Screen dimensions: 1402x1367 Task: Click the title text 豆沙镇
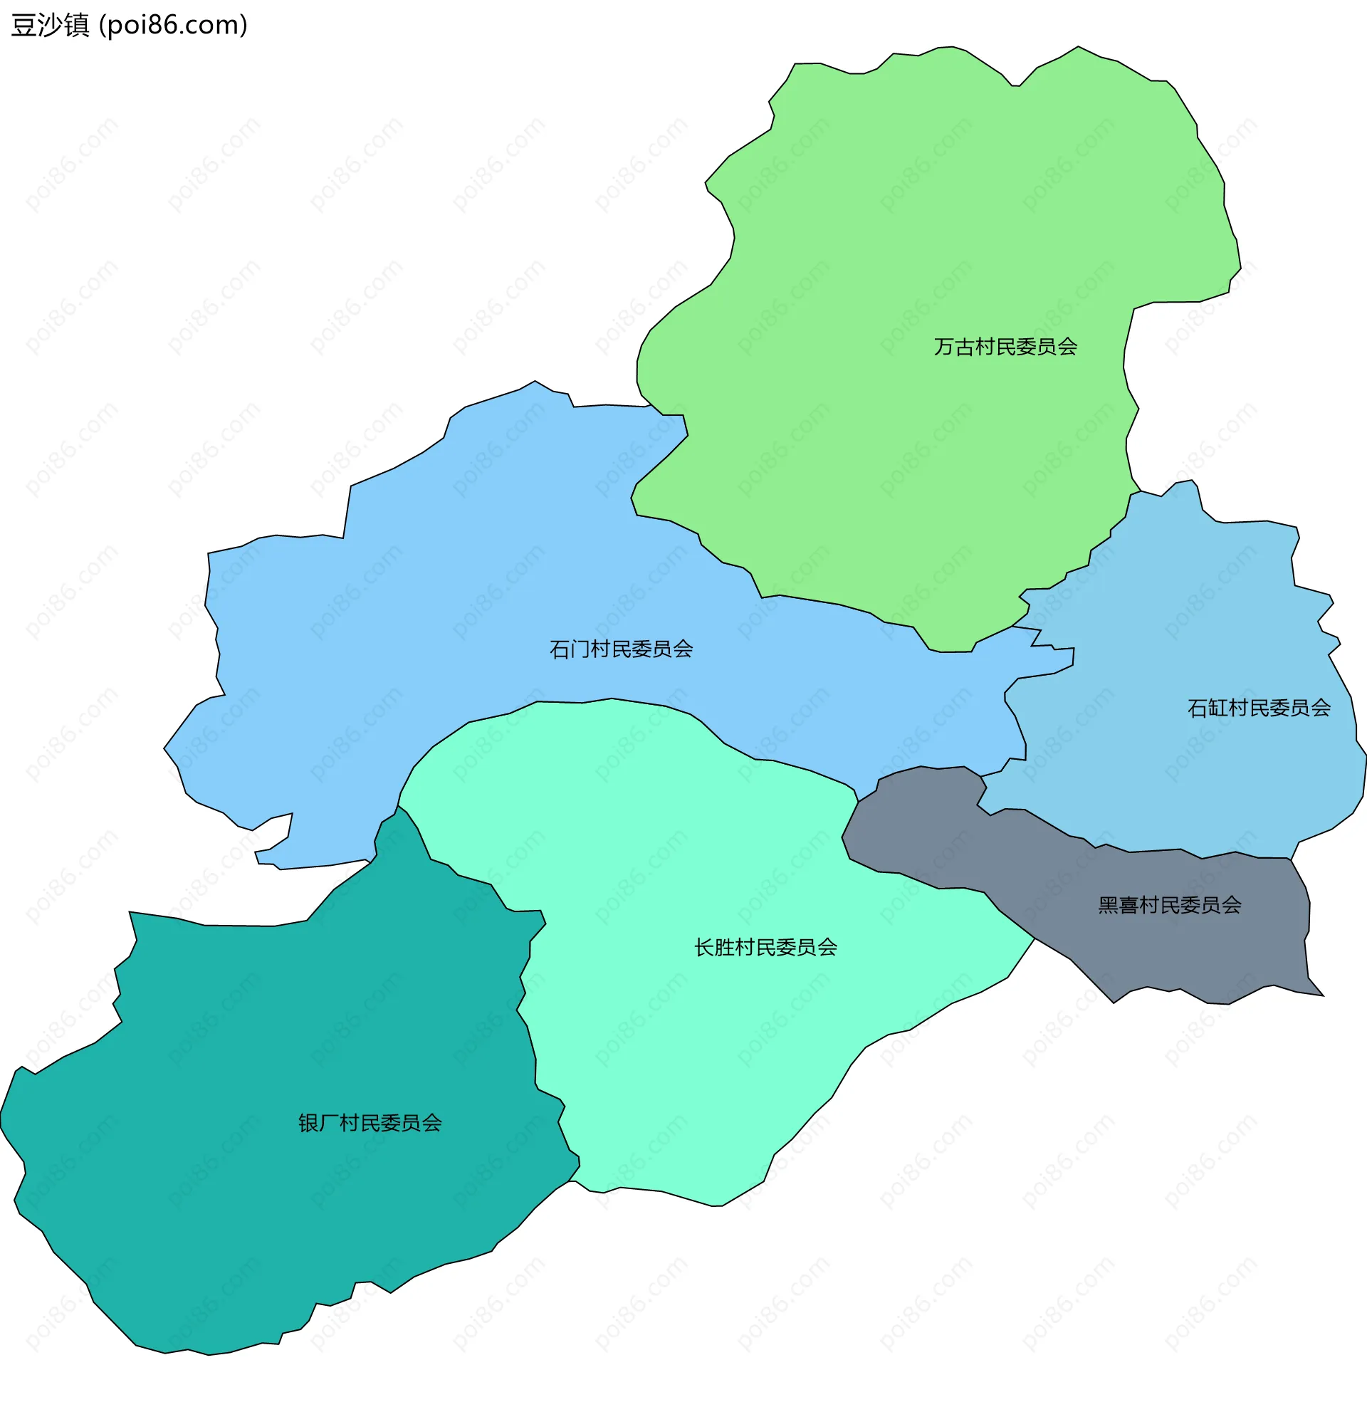tap(51, 25)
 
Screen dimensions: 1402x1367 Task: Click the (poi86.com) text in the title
tap(173, 25)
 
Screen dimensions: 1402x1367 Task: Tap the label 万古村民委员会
tap(1005, 347)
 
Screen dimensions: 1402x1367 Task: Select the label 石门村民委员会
tap(621, 649)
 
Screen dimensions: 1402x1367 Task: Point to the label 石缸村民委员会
tap(1259, 708)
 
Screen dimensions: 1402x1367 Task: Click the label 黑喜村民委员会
tap(1170, 906)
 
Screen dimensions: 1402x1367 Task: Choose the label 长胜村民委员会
tap(765, 948)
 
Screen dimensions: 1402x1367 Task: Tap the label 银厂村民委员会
tap(370, 1124)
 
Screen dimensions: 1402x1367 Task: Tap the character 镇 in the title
tap(76, 25)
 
